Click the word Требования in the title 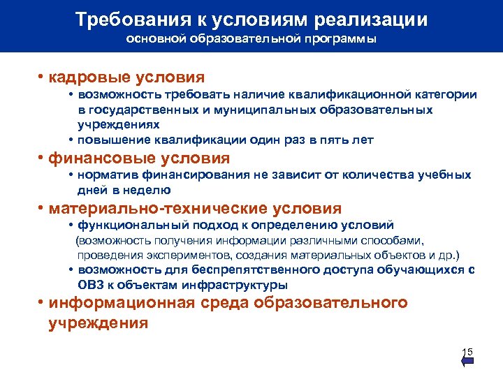pyautogui.click(x=133, y=19)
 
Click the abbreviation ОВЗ pyautogui.click(x=90, y=285)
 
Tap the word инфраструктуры pyautogui.click(x=240, y=285)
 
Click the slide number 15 pyautogui.click(x=467, y=350)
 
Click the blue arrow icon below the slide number pyautogui.click(x=468, y=362)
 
